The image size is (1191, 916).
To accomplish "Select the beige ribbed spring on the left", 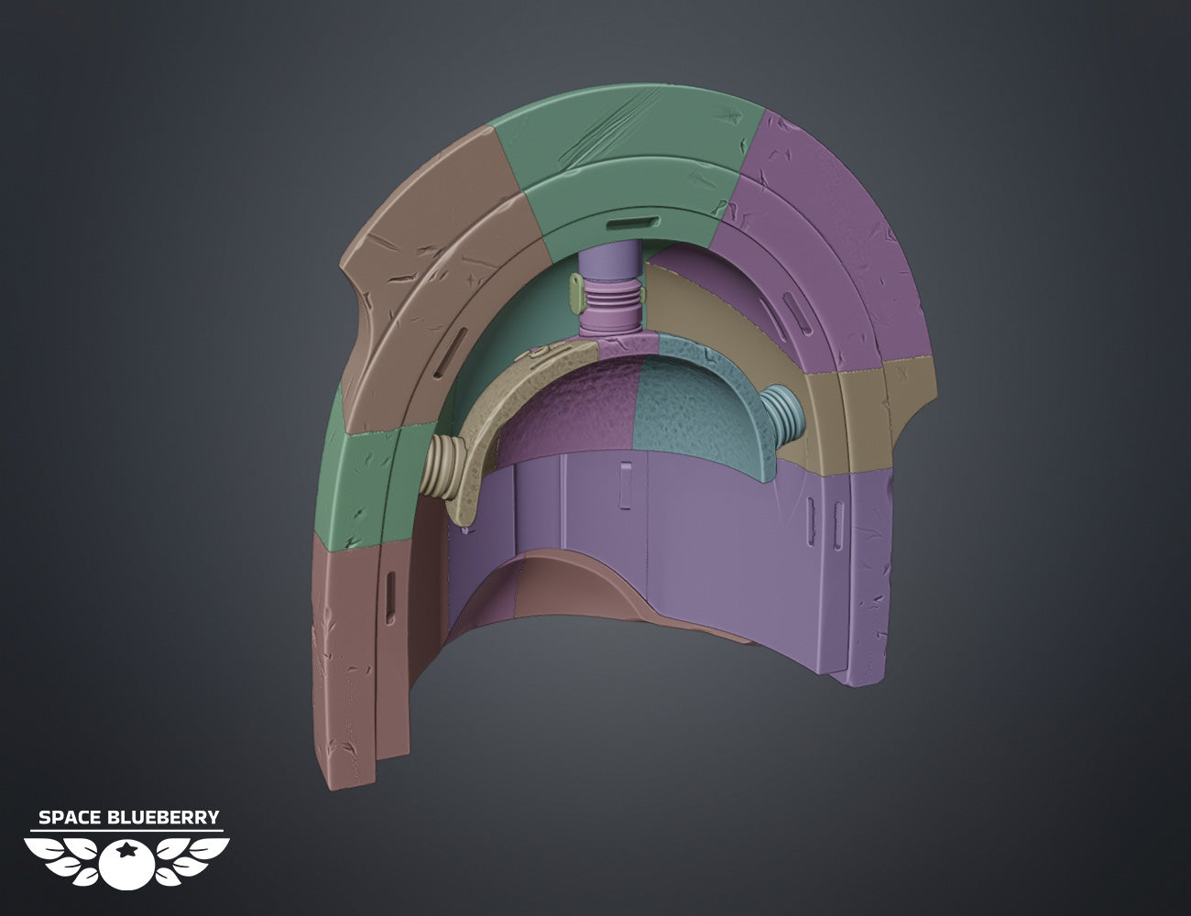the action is coord(443,466).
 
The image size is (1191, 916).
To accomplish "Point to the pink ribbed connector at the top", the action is coord(610,306).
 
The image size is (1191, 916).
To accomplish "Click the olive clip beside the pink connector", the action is coord(575,293).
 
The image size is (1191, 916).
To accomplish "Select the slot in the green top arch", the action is coord(632,223).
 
